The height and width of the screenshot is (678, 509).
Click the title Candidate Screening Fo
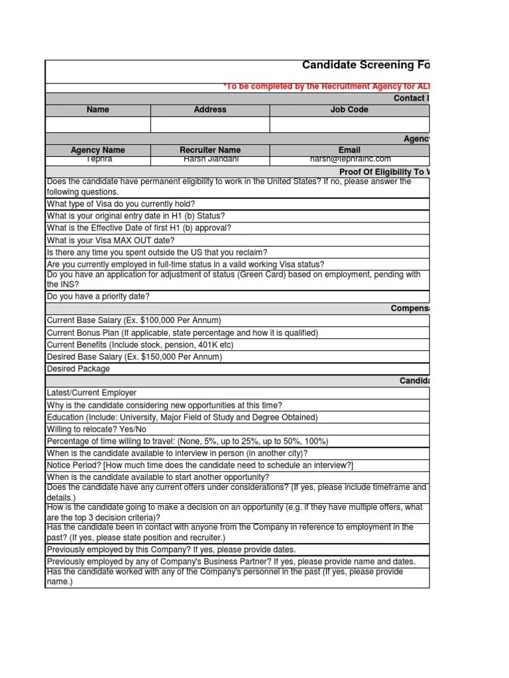pyautogui.click(x=365, y=65)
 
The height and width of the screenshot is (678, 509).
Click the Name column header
pyautogui.click(x=98, y=110)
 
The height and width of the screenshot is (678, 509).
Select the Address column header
pyautogui.click(x=210, y=110)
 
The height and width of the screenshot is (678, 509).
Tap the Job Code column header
pyautogui.click(x=349, y=110)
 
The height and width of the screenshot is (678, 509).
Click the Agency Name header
pyautogui.click(x=98, y=150)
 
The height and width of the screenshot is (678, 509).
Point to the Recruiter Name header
pyautogui.click(x=210, y=150)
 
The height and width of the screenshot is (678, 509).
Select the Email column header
pyautogui.click(x=349, y=150)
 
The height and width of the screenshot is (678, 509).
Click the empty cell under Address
pyautogui.click(x=210, y=124)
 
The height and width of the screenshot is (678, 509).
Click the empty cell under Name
pyautogui.click(x=98, y=124)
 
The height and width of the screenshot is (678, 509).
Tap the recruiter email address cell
pyautogui.click(x=349, y=160)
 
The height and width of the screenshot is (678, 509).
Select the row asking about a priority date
pyautogui.click(x=98, y=297)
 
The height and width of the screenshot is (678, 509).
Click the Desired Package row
pyautogui.click(x=78, y=369)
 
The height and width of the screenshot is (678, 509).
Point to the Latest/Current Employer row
pyautogui.click(x=91, y=393)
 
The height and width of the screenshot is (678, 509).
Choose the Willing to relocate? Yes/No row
pyautogui.click(x=97, y=429)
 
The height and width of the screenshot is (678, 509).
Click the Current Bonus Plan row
pyautogui.click(x=182, y=332)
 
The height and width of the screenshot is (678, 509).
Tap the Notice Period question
pyautogui.click(x=199, y=465)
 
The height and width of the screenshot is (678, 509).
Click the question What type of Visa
pyautogui.click(x=121, y=204)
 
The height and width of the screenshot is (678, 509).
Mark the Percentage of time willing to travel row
pyautogui.click(x=187, y=441)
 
